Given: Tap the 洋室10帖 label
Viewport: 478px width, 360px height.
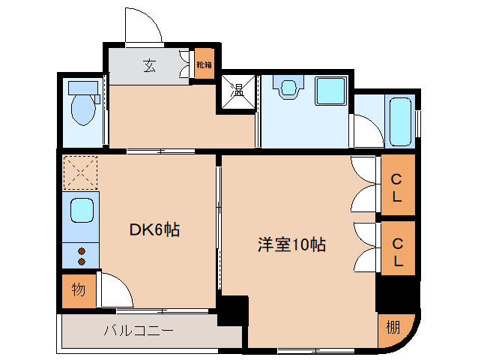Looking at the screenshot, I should (x=291, y=244).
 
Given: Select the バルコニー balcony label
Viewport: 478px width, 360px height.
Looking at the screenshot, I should (x=139, y=331).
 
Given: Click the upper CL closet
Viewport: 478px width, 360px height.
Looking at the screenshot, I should (x=396, y=187).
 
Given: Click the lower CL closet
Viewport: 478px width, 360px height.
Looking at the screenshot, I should (x=396, y=253).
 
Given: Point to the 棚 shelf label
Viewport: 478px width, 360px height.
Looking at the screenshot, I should (x=393, y=327).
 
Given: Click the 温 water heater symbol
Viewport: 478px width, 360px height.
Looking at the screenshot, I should (x=238, y=91).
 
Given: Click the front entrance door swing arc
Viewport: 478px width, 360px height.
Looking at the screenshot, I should (x=142, y=28).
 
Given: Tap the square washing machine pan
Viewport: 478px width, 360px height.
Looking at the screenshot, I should (x=329, y=91).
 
